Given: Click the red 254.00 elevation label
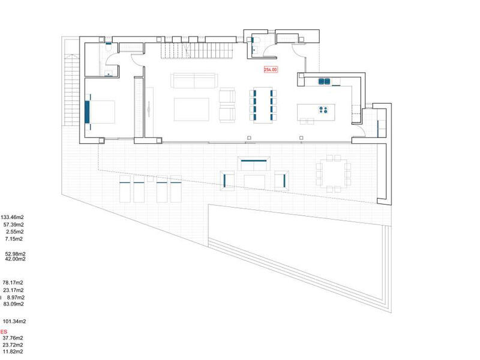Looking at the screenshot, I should pos(271,70).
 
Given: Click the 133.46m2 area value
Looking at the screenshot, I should pos(13,217).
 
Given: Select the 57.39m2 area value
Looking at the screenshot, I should pos(14,224).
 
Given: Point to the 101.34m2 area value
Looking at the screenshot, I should pos(14,322).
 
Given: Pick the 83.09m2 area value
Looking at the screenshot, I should pos(14,304).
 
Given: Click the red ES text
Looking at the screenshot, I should pos(4,331).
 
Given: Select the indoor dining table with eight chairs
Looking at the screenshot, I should pos(263,105).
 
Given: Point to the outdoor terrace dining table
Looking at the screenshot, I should pos(331,172).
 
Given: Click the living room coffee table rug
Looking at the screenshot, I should pos(191,109).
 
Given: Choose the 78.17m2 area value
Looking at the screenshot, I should pos(14,283).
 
